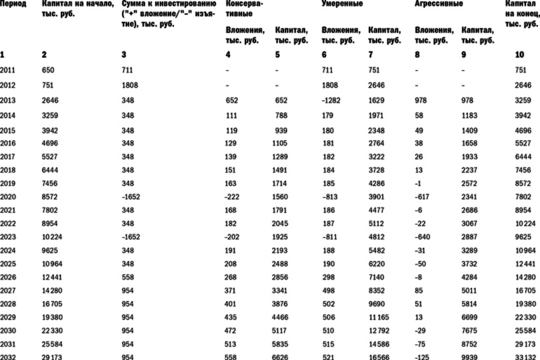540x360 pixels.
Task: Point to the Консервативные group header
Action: point(245,8)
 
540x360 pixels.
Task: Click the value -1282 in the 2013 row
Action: point(332,99)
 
